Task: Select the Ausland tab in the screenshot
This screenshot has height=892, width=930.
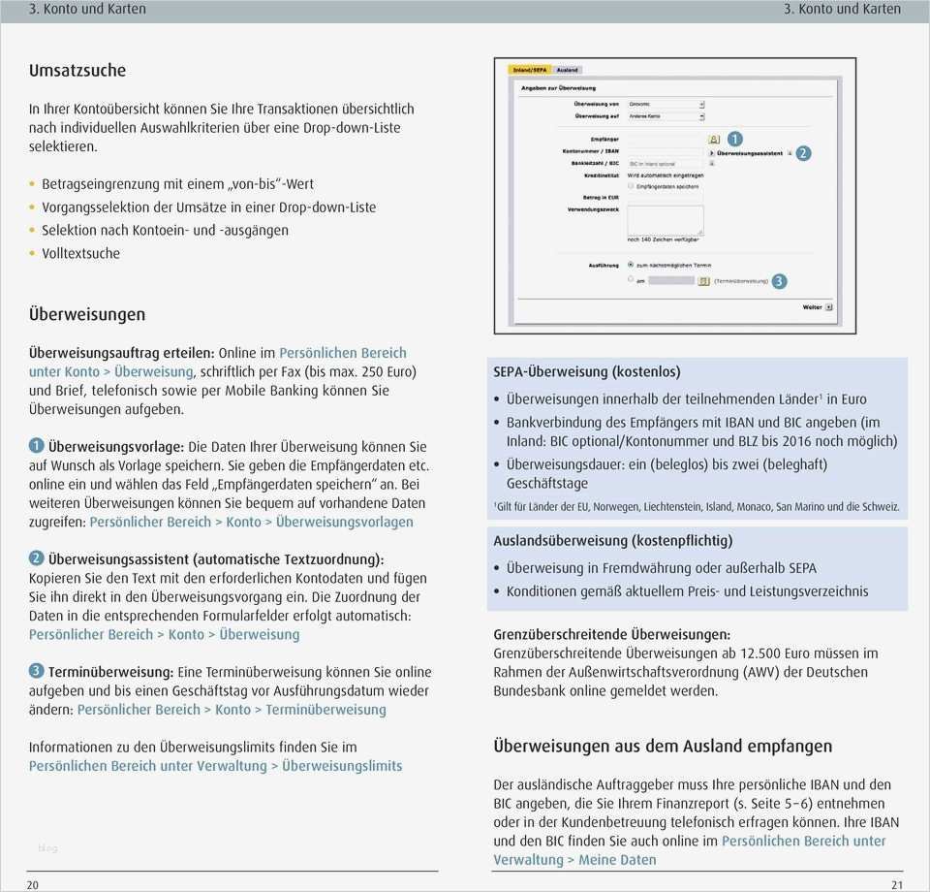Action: pyautogui.click(x=568, y=70)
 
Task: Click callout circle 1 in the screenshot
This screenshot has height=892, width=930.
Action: pyautogui.click(x=733, y=139)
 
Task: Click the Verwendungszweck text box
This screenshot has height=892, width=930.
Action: pyautogui.click(x=666, y=219)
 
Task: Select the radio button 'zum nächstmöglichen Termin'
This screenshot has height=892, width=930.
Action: pyautogui.click(x=632, y=264)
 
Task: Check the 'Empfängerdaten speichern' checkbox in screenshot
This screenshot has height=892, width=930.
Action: pyautogui.click(x=632, y=185)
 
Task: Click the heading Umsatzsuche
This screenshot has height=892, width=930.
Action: pyautogui.click(x=77, y=71)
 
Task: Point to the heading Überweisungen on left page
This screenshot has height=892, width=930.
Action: pyautogui.click(x=87, y=314)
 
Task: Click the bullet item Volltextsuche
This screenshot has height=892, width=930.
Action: pyautogui.click(x=81, y=254)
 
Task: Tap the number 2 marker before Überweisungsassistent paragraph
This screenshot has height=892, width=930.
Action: pyautogui.click(x=36, y=558)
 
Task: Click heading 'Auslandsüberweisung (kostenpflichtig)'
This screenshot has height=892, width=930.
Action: pyautogui.click(x=613, y=541)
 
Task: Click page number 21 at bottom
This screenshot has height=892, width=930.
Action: pyautogui.click(x=896, y=883)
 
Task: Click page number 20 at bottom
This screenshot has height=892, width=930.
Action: pyautogui.click(x=33, y=883)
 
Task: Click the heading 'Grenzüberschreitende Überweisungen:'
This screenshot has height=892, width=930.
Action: pyautogui.click(x=612, y=635)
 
